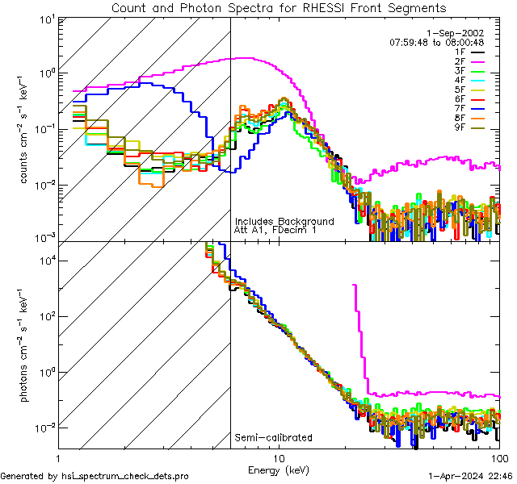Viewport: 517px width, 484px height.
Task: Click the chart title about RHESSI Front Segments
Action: [278, 7]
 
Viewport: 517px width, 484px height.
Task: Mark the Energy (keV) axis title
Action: [279, 469]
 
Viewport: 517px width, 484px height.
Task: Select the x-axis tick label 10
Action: [279, 458]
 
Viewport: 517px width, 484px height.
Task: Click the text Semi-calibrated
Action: [273, 438]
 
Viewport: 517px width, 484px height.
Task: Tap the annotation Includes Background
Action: [284, 221]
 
